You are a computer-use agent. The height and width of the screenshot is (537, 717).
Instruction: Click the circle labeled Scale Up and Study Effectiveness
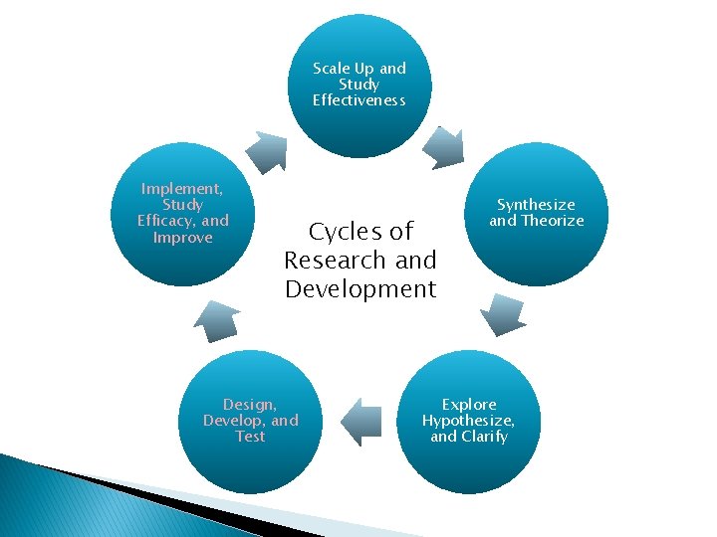click(x=359, y=86)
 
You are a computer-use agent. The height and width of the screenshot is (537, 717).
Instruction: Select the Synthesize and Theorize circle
click(x=536, y=214)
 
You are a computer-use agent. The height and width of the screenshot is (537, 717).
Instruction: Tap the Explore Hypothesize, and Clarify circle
click(x=468, y=422)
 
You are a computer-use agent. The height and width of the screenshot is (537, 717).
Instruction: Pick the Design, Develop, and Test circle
click(x=251, y=422)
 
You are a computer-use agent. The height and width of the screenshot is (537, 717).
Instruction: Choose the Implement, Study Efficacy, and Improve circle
click(x=183, y=214)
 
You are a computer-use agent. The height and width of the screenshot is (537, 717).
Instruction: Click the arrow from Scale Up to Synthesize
click(x=442, y=147)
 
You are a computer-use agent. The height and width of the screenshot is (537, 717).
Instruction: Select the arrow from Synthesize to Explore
click(x=502, y=314)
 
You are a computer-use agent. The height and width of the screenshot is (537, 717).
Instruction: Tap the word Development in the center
click(x=359, y=289)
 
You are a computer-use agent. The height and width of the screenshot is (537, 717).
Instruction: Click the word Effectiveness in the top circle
click(x=359, y=99)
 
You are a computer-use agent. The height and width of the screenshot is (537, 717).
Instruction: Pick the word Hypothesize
click(x=468, y=421)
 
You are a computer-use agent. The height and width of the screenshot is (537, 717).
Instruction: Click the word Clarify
click(x=484, y=437)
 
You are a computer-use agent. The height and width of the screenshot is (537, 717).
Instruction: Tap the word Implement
click(x=182, y=188)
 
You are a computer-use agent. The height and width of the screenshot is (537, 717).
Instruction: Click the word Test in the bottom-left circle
click(x=251, y=437)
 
